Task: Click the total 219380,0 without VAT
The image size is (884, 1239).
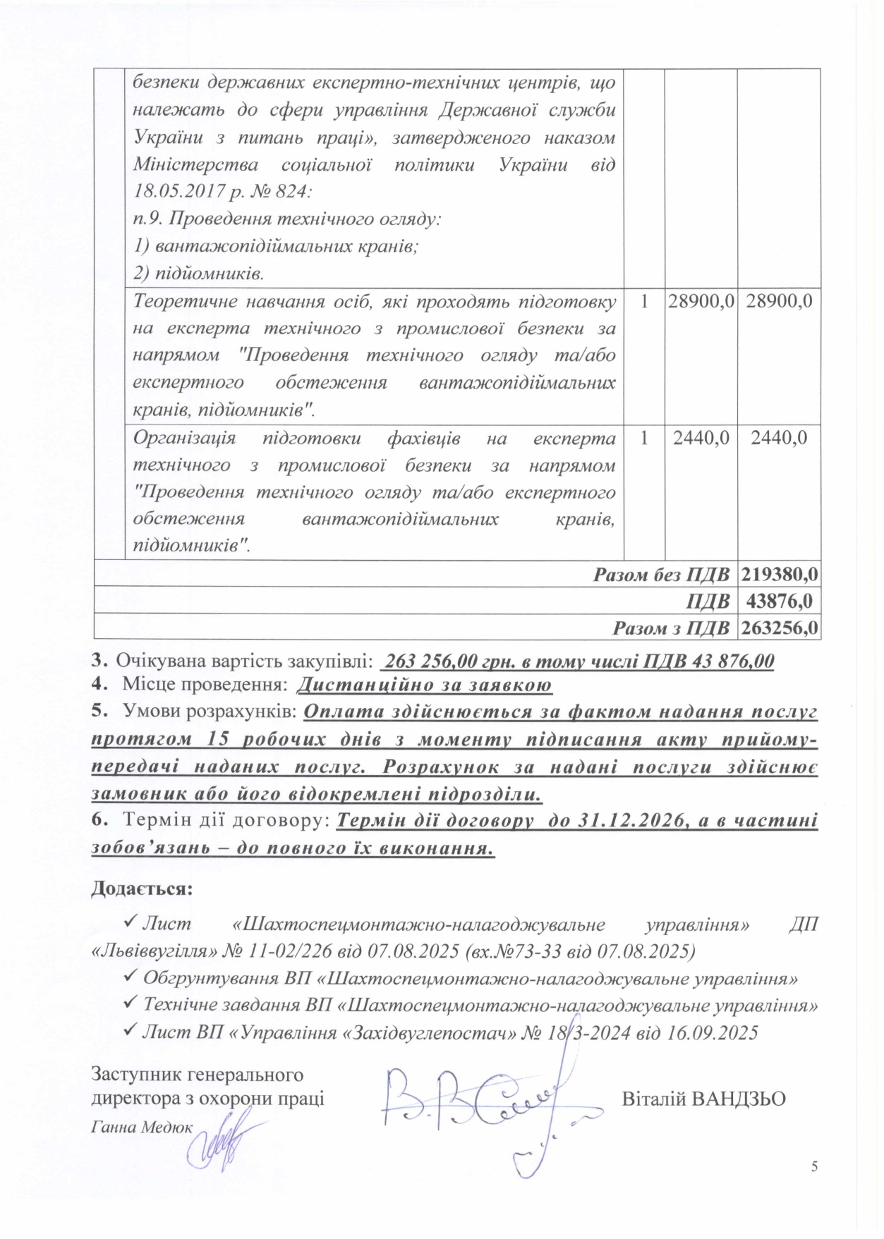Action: tap(780, 575)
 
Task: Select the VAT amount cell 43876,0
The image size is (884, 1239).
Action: tap(779, 601)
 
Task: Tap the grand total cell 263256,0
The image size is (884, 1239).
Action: tap(780, 628)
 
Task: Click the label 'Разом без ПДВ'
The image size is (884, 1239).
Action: tap(661, 575)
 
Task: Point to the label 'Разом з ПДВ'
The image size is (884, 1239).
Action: tap(670, 628)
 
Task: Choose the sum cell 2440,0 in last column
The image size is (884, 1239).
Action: tap(779, 438)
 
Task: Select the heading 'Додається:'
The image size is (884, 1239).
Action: tap(142, 888)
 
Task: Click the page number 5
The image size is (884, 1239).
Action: tap(814, 1166)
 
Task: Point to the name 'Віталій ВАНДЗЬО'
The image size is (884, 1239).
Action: tap(703, 1099)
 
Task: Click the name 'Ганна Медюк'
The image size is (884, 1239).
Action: tap(142, 1127)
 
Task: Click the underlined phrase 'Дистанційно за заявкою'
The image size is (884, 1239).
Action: tap(424, 685)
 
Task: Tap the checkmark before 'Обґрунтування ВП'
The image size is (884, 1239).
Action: tap(130, 978)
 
